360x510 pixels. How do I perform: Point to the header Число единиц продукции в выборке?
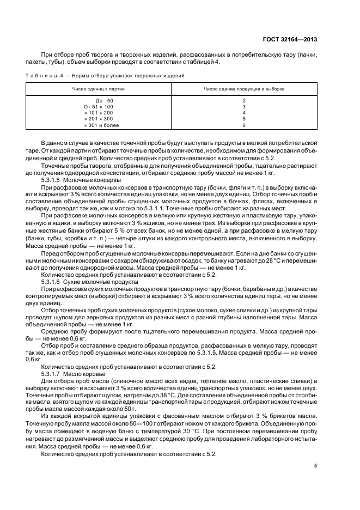pyautogui.click(x=243, y=88)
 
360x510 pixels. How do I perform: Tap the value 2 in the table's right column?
pyautogui.click(x=243, y=101)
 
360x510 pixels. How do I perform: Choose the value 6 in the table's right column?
pyautogui.click(x=243, y=125)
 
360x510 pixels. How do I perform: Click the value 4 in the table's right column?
pyautogui.click(x=243, y=113)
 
